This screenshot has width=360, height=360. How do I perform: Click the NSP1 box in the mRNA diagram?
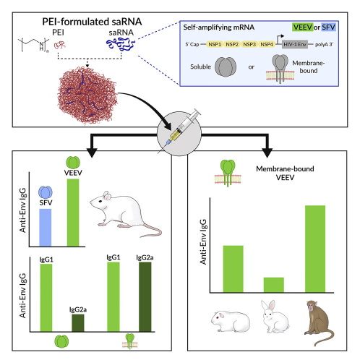click(215, 44)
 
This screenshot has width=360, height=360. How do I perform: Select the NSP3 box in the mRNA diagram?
click(249, 44)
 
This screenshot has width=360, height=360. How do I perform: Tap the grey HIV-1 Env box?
click(295, 44)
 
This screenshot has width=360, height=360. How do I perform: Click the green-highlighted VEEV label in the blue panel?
click(303, 27)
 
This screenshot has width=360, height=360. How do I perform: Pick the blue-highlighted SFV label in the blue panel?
click(328, 27)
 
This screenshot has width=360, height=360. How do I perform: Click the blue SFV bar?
click(46, 228)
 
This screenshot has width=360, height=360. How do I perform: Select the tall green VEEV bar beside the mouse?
click(73, 213)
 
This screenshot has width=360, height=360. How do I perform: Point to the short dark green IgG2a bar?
click(78, 323)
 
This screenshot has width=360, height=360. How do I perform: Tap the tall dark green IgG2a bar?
click(145, 297)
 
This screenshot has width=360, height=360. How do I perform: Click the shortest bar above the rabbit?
click(274, 285)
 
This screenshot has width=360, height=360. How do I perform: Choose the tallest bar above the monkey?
click(315, 249)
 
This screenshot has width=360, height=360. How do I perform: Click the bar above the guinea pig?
click(233, 269)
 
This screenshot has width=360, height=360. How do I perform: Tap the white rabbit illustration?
click(275, 317)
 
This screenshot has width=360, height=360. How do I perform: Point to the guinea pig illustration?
click(231, 321)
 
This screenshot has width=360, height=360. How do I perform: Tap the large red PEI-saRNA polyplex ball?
click(87, 95)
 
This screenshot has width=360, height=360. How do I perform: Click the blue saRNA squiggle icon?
click(121, 44)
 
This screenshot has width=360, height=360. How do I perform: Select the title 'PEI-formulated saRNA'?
click(92, 22)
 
